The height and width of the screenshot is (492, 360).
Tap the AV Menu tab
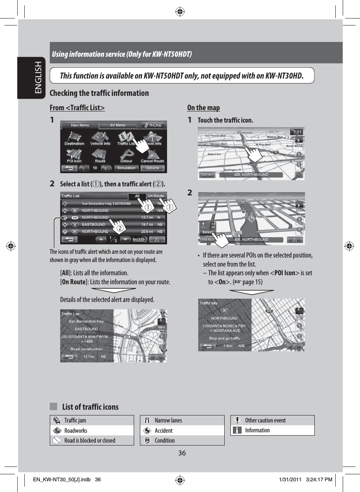(x=118, y=125)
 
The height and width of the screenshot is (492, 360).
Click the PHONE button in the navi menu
(x=152, y=125)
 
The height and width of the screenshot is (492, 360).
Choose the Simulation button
(x=126, y=168)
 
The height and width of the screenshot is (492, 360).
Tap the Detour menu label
(x=126, y=161)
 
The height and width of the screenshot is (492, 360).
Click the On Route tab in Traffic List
(x=156, y=196)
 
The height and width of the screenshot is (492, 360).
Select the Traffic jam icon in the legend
(x=56, y=420)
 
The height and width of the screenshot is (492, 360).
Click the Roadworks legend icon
(x=56, y=430)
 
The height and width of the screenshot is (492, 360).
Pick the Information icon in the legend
(x=237, y=430)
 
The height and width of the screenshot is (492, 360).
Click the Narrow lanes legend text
(x=168, y=420)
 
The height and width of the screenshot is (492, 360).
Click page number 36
(x=182, y=453)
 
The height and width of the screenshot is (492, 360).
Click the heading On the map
(x=203, y=108)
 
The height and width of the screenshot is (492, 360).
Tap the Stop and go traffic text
(x=224, y=339)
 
